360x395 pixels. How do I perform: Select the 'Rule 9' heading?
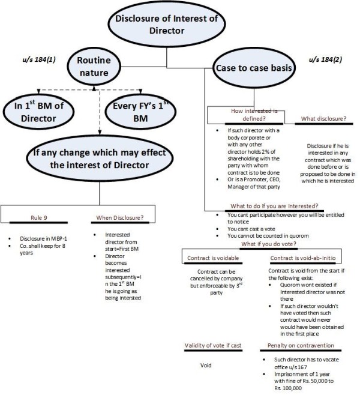pyautogui.click(x=41, y=218)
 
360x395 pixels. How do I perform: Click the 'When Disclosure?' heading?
pyautogui.click(x=123, y=218)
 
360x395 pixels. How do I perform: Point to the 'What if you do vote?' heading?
pyautogui.click(x=265, y=244)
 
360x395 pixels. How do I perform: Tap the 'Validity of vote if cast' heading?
pyautogui.click(x=215, y=346)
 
